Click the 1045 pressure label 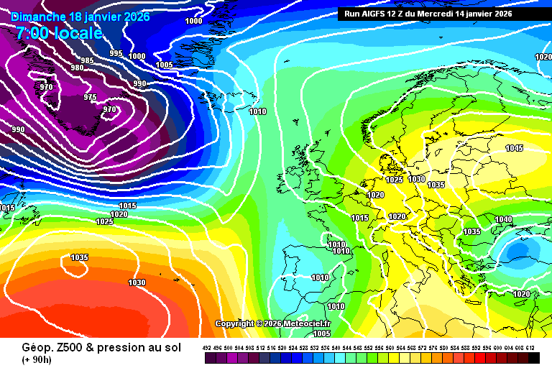514,149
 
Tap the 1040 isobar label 503,219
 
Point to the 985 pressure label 87,60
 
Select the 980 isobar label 77,68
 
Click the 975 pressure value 90,97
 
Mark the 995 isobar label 116,54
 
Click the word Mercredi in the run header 452,13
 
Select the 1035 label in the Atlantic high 79,257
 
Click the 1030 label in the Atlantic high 136,282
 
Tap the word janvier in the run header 492,13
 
